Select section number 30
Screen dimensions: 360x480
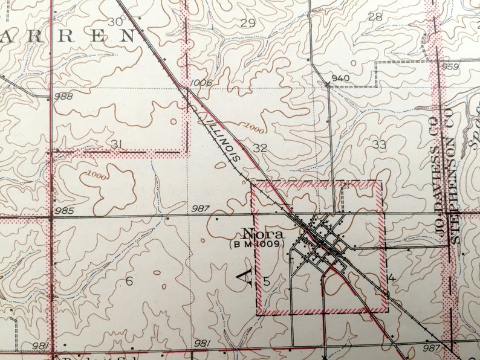click(115, 22)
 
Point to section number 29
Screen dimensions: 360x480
click(248, 24)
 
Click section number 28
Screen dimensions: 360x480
click(375, 17)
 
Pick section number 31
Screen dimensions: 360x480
click(117, 144)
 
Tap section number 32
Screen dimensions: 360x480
click(261, 147)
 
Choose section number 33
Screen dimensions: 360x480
click(379, 144)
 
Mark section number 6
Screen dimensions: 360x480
click(129, 281)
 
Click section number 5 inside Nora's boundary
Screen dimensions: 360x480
click(266, 281)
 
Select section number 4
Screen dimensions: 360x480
click(392, 278)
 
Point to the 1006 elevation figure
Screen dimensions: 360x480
click(201, 83)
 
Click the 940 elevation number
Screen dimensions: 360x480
click(341, 78)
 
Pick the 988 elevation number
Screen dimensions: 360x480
click(63, 97)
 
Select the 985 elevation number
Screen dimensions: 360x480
click(63, 211)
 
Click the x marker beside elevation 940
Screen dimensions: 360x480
click(328, 84)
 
